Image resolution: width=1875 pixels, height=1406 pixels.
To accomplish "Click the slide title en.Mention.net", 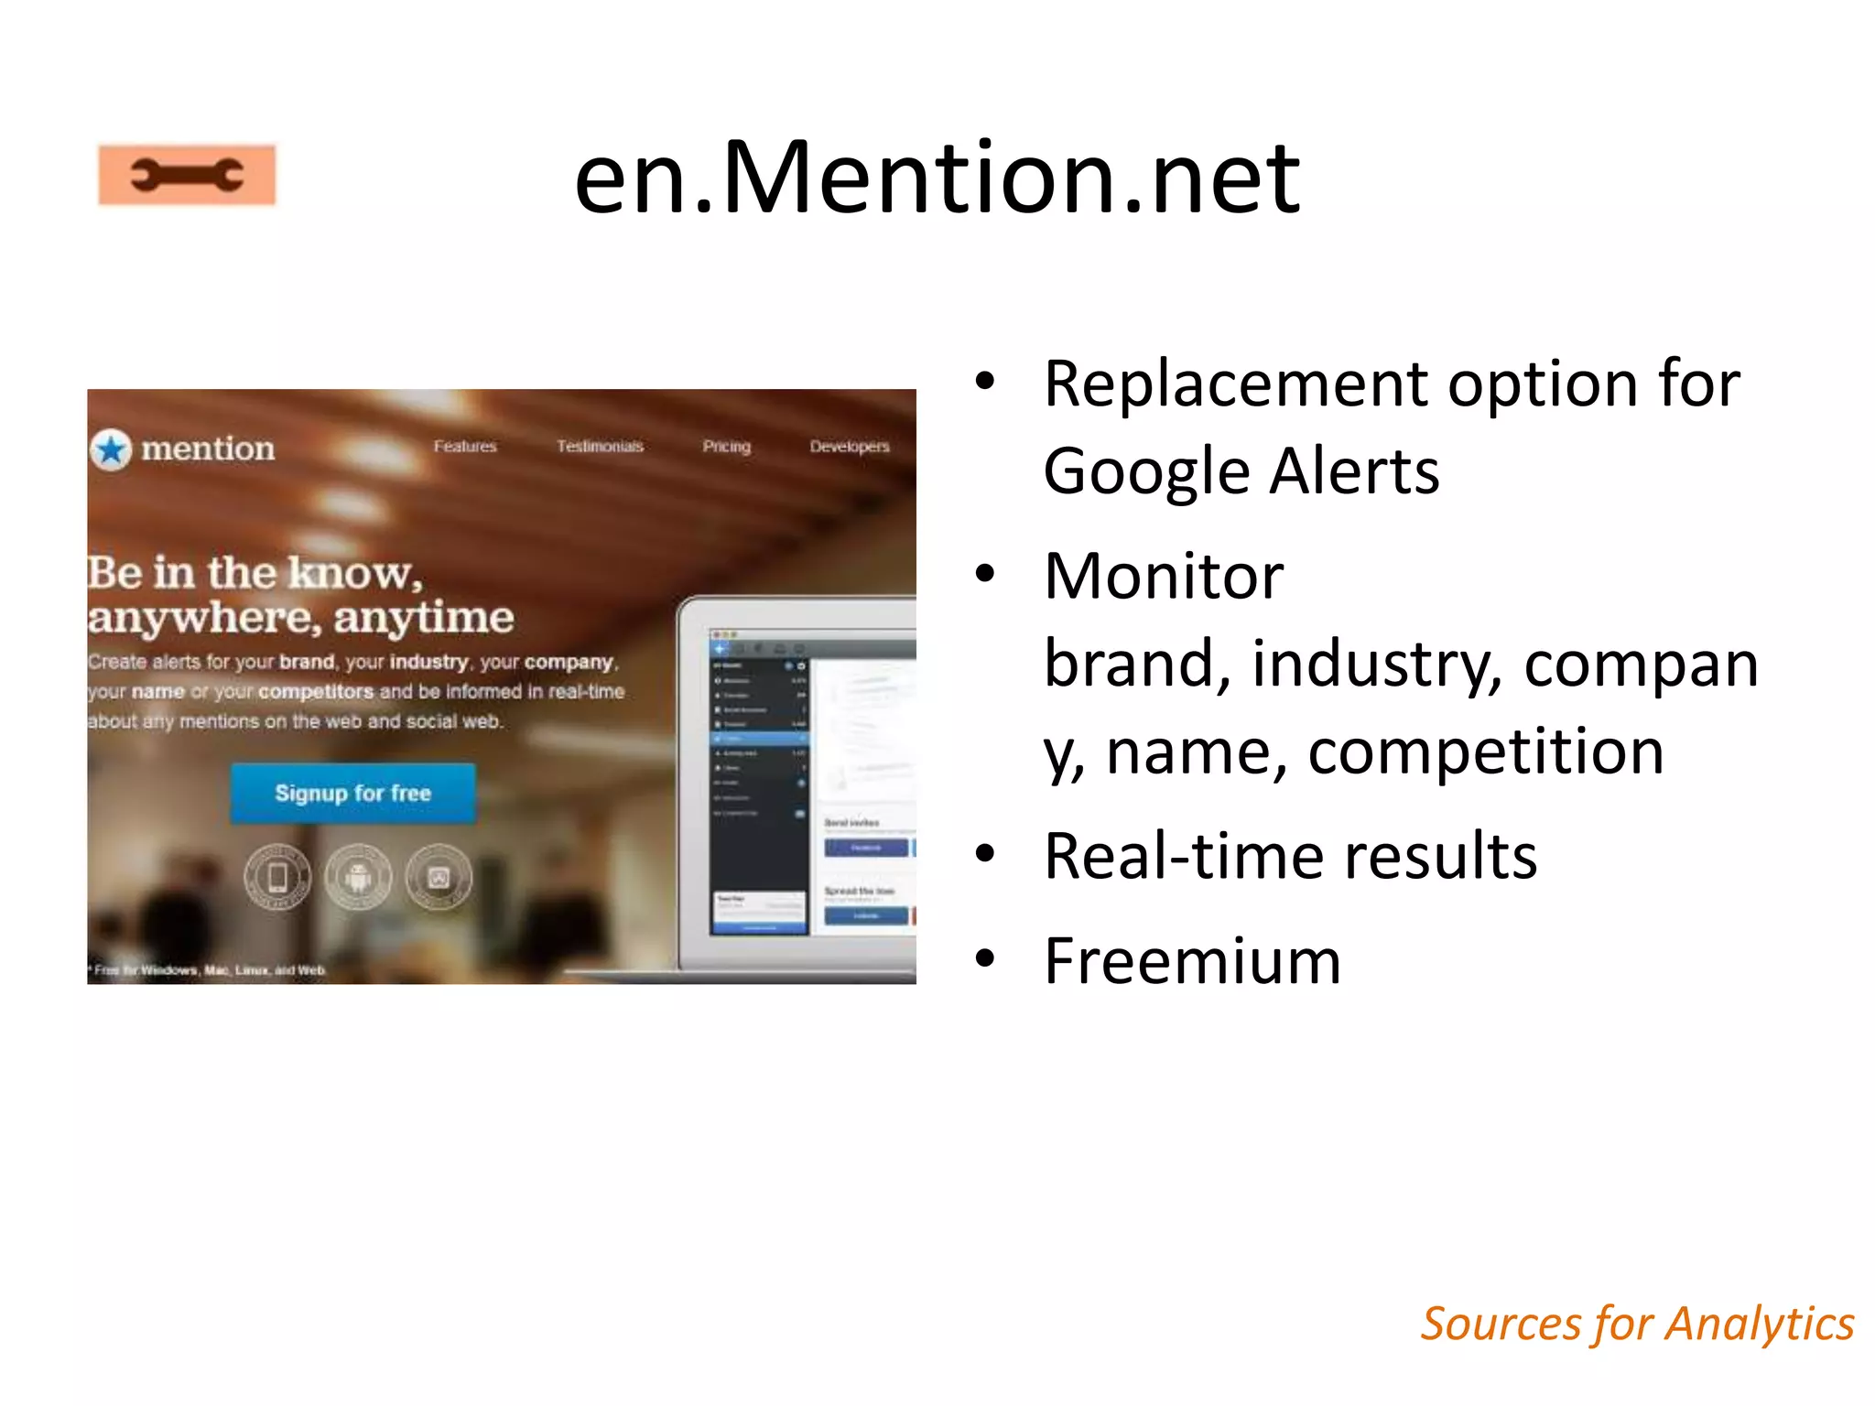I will tap(937, 178).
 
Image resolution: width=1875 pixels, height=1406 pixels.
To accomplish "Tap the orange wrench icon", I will tap(188, 175).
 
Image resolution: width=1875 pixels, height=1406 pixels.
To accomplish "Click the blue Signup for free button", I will tap(352, 793).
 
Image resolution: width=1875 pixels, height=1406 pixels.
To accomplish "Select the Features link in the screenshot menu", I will tap(465, 446).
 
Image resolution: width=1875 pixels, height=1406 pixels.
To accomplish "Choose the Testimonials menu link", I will tap(600, 446).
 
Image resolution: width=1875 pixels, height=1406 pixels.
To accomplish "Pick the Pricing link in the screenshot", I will tap(726, 446).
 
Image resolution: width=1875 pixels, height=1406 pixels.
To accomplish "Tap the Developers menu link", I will tap(849, 446).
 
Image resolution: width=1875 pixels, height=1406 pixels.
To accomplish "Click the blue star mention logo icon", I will tap(112, 449).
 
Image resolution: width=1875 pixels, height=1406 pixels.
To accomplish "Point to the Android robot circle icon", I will tap(358, 877).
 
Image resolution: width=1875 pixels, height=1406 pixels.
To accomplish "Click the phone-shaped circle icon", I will tap(277, 877).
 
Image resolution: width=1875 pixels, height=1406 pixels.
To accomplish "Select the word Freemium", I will tap(1192, 961).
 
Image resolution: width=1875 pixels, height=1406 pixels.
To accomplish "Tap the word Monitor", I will tap(1164, 577).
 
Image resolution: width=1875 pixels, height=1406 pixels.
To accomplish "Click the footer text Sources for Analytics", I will tap(1637, 1324).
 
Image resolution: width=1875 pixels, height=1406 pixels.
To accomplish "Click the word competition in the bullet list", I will tap(1486, 752).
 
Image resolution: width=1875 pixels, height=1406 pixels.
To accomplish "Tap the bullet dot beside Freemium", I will tap(985, 958).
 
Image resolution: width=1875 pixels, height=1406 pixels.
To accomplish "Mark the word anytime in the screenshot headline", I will tap(423, 618).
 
